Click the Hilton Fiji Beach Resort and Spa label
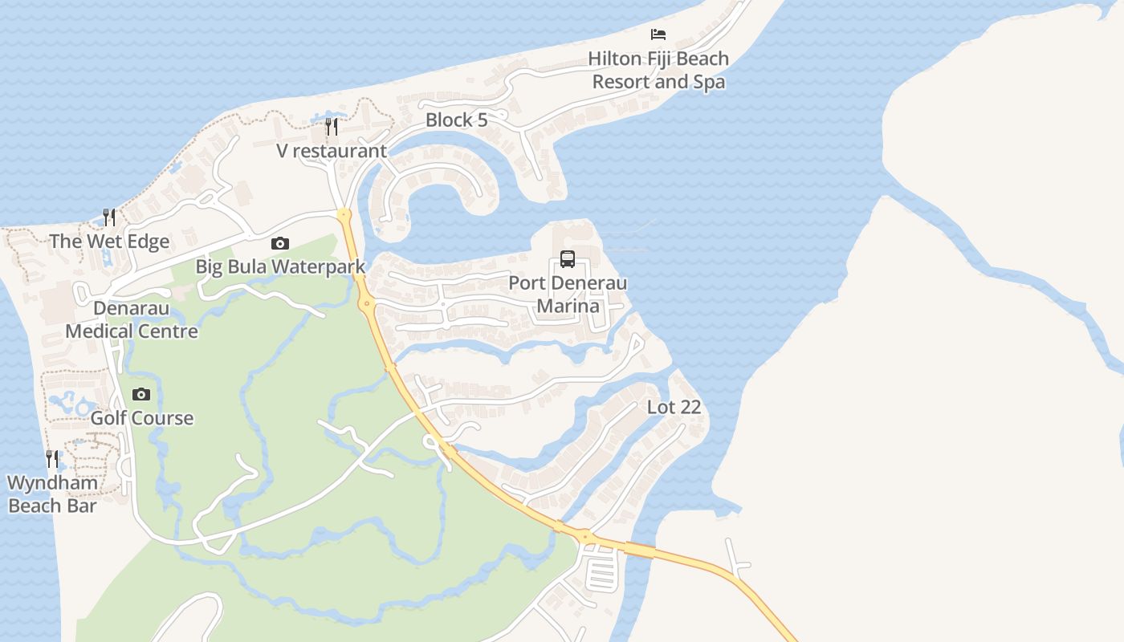(x=658, y=70)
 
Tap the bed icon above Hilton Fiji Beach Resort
(x=658, y=35)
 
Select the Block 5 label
(x=456, y=120)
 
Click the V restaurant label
(x=331, y=151)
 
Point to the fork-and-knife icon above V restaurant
(x=331, y=127)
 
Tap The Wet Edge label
(x=109, y=242)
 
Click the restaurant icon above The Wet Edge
(x=109, y=217)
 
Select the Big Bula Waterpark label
(x=280, y=267)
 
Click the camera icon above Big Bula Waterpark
(x=280, y=243)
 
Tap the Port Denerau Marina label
(x=568, y=295)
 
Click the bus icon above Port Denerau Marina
(x=568, y=259)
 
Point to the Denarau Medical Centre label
(x=132, y=319)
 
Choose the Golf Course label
(x=141, y=418)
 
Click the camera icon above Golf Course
(x=141, y=394)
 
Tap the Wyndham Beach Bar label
(x=52, y=494)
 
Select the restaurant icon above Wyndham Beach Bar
(x=52, y=459)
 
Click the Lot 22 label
(x=674, y=408)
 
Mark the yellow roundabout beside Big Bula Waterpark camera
(x=344, y=215)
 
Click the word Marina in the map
(x=568, y=307)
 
